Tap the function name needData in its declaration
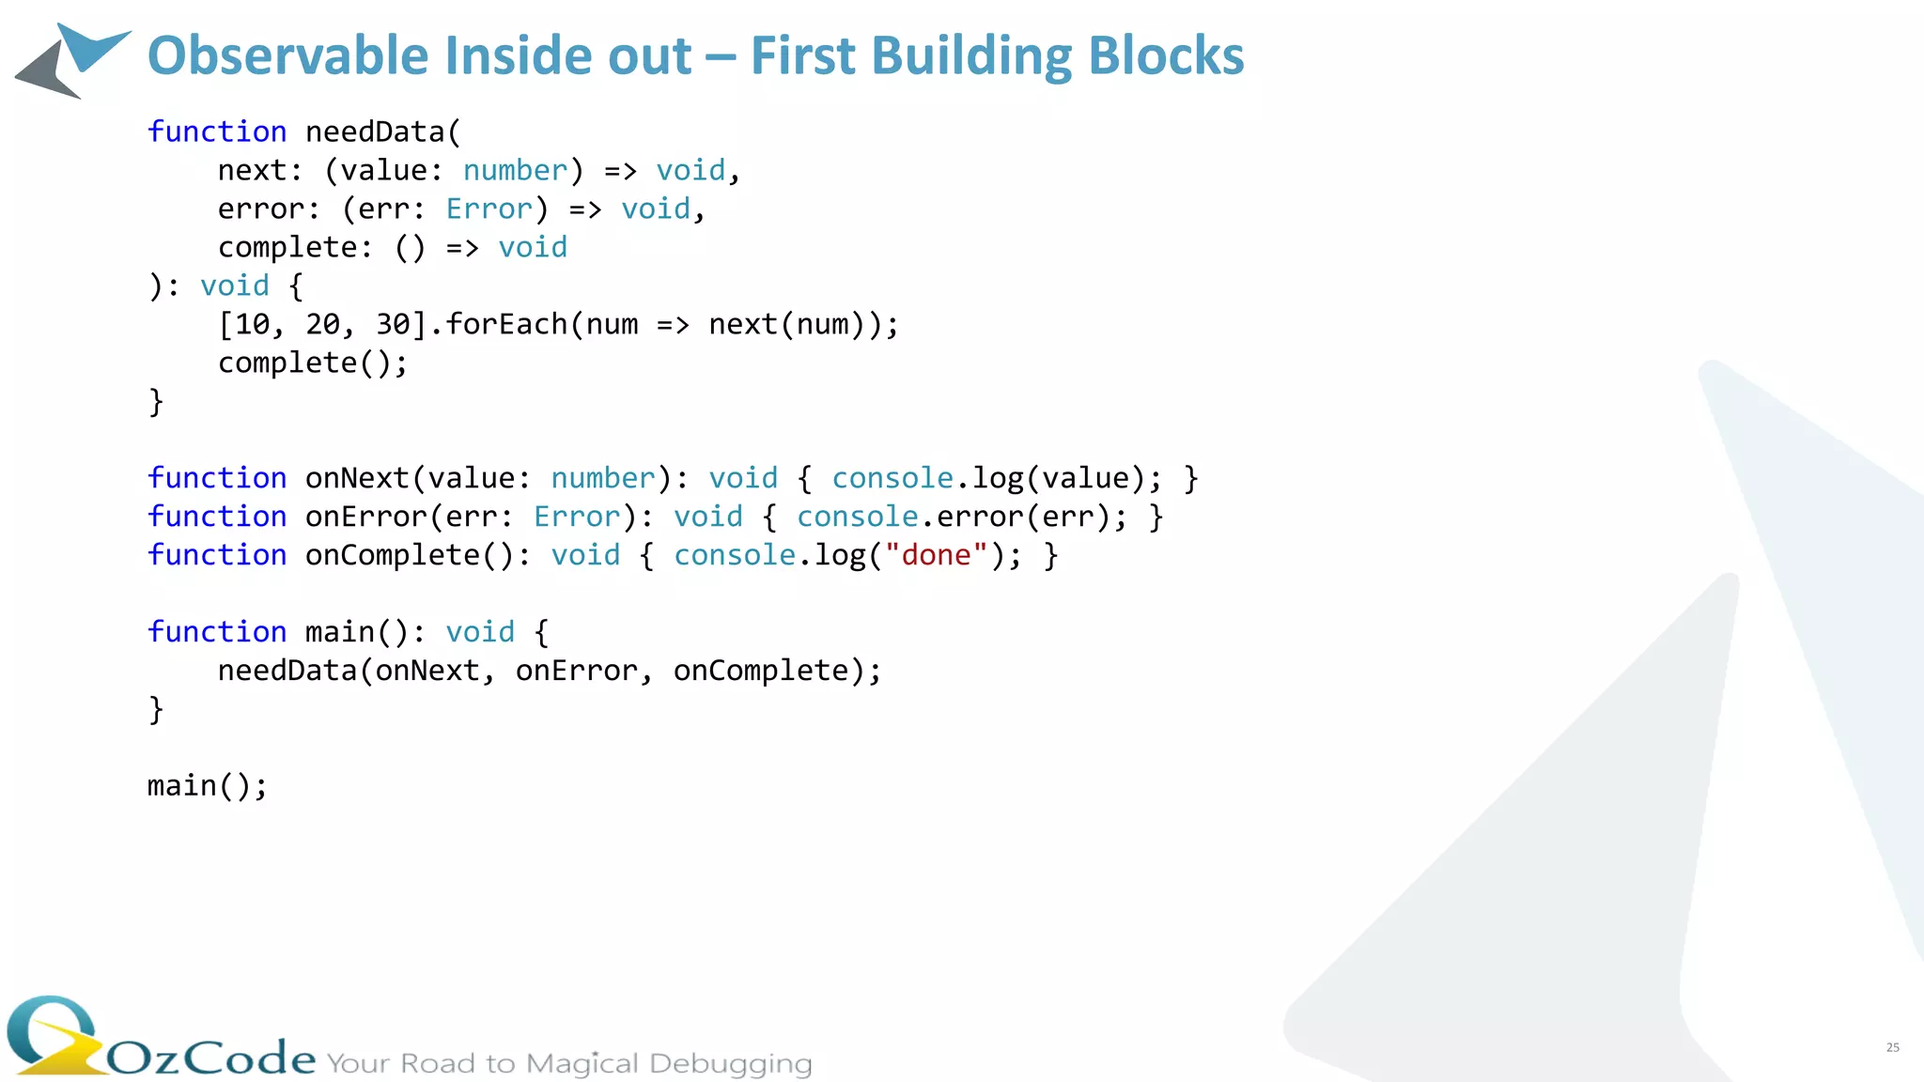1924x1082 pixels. (374, 131)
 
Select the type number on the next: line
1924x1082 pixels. (515, 170)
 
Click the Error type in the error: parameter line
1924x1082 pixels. (489, 209)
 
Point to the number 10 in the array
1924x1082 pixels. (252, 324)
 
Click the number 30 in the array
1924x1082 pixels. (393, 324)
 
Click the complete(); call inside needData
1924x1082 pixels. (313, 363)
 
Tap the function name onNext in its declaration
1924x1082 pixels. (357, 478)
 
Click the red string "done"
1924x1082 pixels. (936, 555)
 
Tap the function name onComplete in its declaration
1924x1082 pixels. (392, 555)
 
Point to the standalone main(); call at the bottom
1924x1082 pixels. (207, 785)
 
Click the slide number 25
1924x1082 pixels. (1892, 1047)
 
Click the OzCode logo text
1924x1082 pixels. (211, 1058)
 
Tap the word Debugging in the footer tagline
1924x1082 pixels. (730, 1063)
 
